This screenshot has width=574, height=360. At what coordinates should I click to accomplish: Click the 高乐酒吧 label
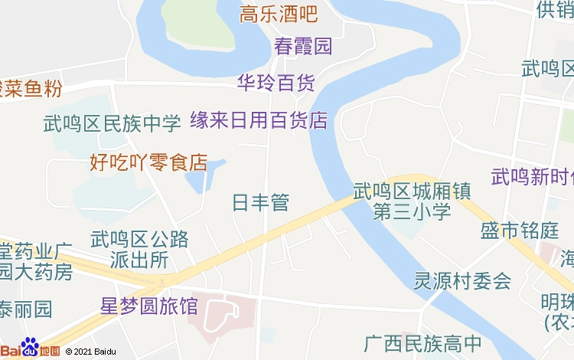tap(279, 14)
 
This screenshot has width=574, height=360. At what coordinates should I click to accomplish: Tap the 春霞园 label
tap(303, 46)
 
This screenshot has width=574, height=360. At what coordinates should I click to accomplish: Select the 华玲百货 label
tap(276, 83)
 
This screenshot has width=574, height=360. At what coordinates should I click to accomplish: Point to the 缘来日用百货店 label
tap(259, 120)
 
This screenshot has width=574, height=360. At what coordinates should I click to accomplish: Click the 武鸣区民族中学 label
tap(112, 123)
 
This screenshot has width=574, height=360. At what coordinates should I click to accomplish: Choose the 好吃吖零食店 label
tap(148, 162)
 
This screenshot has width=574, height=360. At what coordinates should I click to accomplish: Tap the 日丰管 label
tap(260, 203)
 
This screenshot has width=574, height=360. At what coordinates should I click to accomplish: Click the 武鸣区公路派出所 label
tap(139, 250)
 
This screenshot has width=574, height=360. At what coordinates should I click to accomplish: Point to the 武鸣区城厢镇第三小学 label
tap(412, 201)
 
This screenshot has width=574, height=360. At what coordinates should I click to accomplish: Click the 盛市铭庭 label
tap(520, 231)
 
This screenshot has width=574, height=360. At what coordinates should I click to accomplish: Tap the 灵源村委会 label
tap(462, 281)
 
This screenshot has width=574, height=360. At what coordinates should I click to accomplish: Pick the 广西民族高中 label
tap(422, 343)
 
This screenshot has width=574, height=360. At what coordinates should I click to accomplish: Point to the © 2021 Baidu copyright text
tap(91, 352)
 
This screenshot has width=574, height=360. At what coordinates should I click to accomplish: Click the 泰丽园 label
tap(26, 309)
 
